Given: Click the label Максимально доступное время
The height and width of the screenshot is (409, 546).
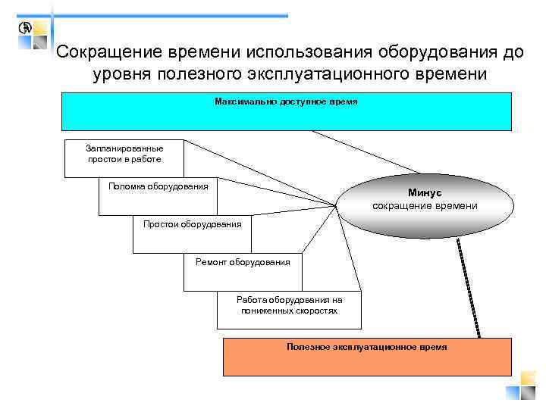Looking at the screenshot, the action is (286, 101).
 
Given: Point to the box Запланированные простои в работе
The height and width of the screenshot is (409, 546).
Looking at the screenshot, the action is (124, 154).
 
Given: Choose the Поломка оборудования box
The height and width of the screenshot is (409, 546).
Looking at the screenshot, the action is (158, 186).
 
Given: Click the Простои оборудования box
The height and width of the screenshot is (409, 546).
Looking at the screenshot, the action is (192, 224).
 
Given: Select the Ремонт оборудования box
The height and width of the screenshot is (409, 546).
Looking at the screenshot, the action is (243, 262).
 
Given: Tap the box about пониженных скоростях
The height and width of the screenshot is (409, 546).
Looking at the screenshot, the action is (289, 305).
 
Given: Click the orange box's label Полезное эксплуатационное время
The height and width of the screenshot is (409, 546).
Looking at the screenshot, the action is (367, 347).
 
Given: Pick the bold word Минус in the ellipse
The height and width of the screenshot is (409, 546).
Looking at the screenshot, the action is (424, 194).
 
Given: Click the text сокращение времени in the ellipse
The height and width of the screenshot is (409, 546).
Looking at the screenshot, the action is (425, 206).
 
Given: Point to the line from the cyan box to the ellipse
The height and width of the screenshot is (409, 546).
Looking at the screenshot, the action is (364, 151).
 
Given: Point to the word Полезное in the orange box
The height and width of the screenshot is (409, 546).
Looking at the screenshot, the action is (307, 347).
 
